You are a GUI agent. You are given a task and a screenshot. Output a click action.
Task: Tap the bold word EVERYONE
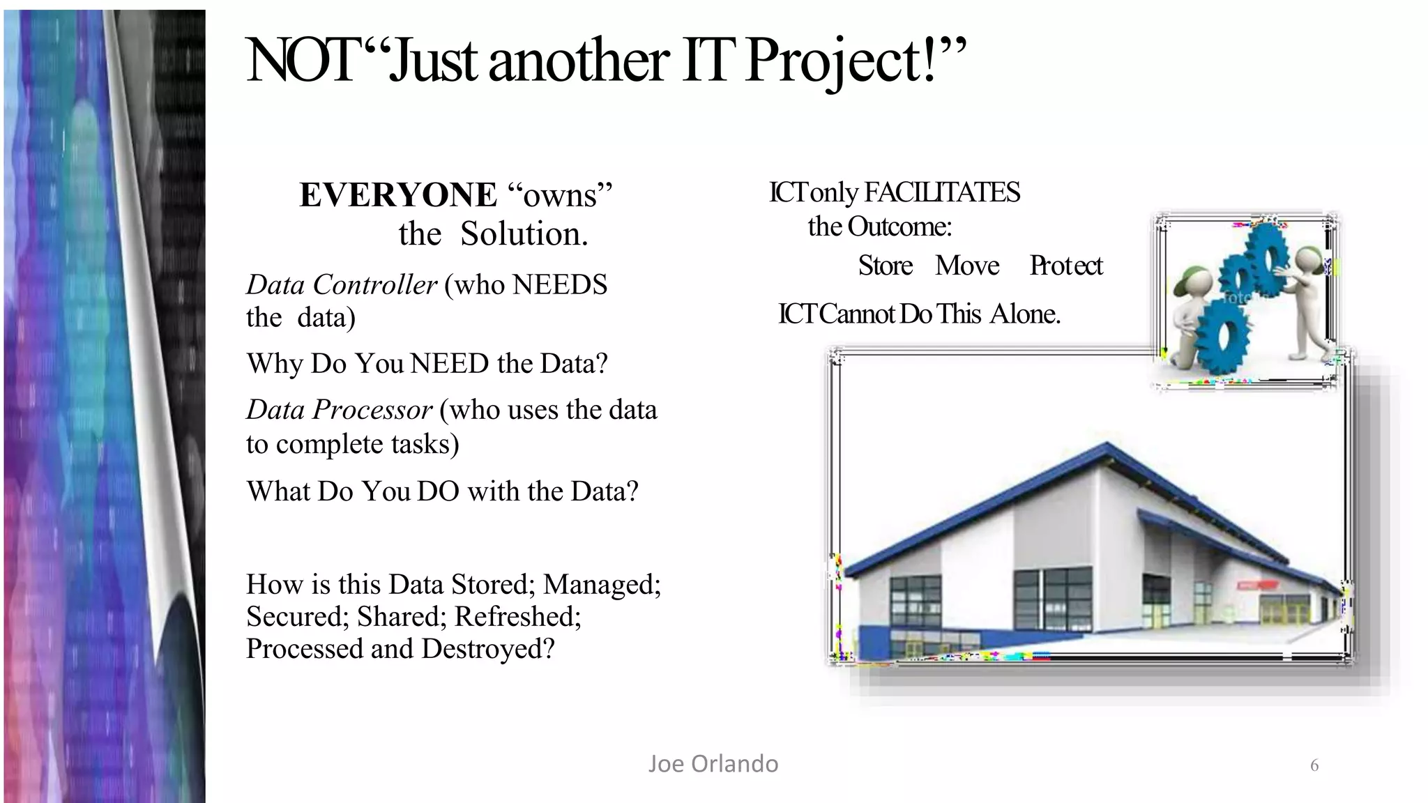[x=398, y=195]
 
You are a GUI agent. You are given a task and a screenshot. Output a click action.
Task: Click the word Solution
[x=524, y=234]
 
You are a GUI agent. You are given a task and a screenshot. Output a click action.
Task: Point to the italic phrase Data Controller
[x=341, y=285]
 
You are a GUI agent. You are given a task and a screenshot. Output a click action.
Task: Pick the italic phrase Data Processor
[x=339, y=410]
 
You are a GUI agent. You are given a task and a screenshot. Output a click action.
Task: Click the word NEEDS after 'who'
[x=560, y=285]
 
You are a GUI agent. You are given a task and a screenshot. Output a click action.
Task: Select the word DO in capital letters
[x=438, y=492]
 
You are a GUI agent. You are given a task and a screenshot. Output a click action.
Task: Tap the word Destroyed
[x=487, y=649]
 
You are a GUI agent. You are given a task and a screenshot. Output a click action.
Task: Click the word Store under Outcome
[x=885, y=266]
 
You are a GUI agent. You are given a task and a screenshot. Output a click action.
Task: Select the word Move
[x=967, y=266]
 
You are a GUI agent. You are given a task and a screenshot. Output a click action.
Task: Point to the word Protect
[x=1066, y=266]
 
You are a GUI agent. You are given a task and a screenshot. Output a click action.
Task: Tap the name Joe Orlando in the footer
[x=713, y=764]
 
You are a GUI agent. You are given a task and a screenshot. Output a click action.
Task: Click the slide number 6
[x=1314, y=766]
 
